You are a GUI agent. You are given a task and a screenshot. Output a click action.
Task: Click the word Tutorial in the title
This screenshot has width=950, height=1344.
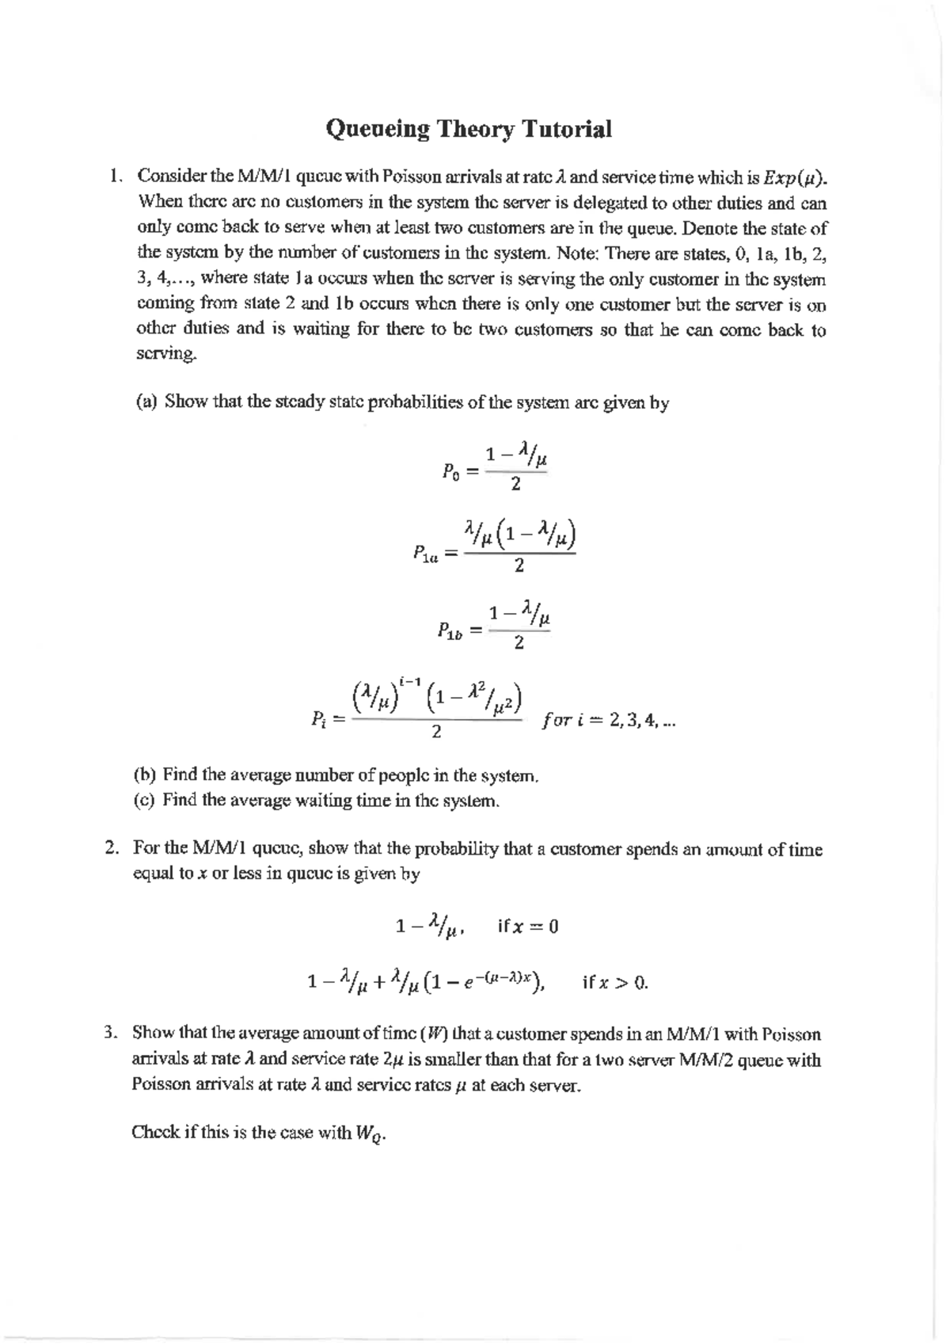coord(565,129)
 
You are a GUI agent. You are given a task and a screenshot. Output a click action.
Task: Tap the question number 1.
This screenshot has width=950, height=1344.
coord(116,176)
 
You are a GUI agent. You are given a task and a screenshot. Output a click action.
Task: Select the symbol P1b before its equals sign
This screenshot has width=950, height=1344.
coord(448,631)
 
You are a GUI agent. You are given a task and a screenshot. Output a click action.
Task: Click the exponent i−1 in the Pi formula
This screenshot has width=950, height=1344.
coord(410,680)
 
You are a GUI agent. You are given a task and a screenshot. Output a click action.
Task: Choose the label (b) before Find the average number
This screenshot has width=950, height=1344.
coord(146,775)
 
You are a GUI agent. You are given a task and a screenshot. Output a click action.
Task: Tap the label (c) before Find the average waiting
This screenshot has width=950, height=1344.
coord(146,800)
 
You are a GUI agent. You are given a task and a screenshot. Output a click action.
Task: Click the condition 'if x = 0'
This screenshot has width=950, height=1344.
coord(528,927)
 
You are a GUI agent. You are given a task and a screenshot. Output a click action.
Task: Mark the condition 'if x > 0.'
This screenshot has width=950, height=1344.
coord(615,984)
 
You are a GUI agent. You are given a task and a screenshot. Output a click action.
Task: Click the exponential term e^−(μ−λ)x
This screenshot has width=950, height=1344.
coord(501,980)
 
